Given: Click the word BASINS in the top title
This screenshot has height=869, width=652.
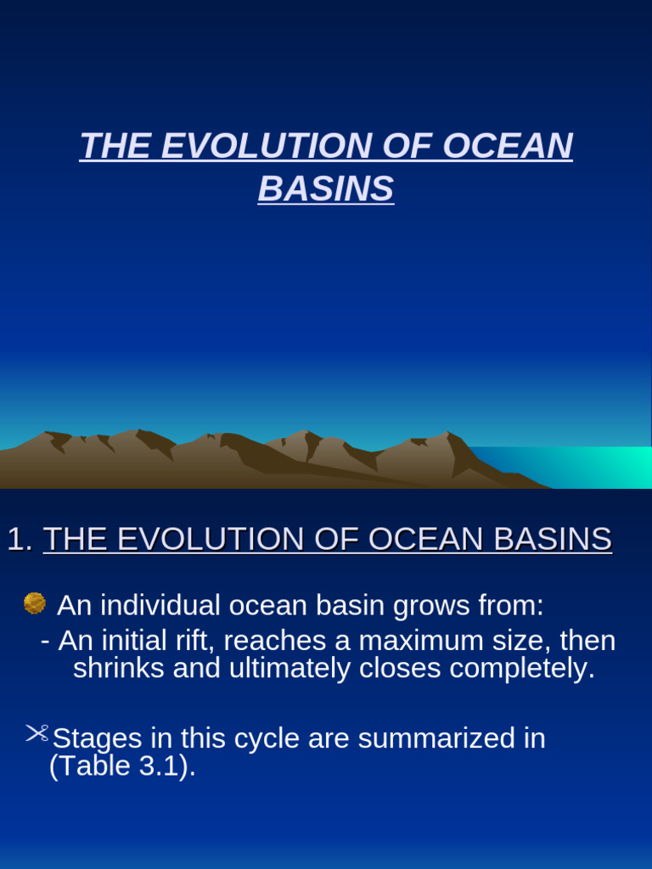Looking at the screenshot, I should click(x=326, y=189).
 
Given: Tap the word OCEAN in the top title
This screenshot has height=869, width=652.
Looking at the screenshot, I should click(x=508, y=147).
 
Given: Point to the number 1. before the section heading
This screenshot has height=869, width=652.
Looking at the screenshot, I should click(x=20, y=540).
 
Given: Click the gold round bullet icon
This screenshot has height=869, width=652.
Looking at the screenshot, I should click(x=35, y=603).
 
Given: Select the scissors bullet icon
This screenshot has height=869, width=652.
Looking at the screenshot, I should click(x=37, y=733).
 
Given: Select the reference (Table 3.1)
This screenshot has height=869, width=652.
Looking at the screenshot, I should click(x=123, y=766).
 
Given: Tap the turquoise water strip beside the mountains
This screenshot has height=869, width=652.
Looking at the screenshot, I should click(x=577, y=465).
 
